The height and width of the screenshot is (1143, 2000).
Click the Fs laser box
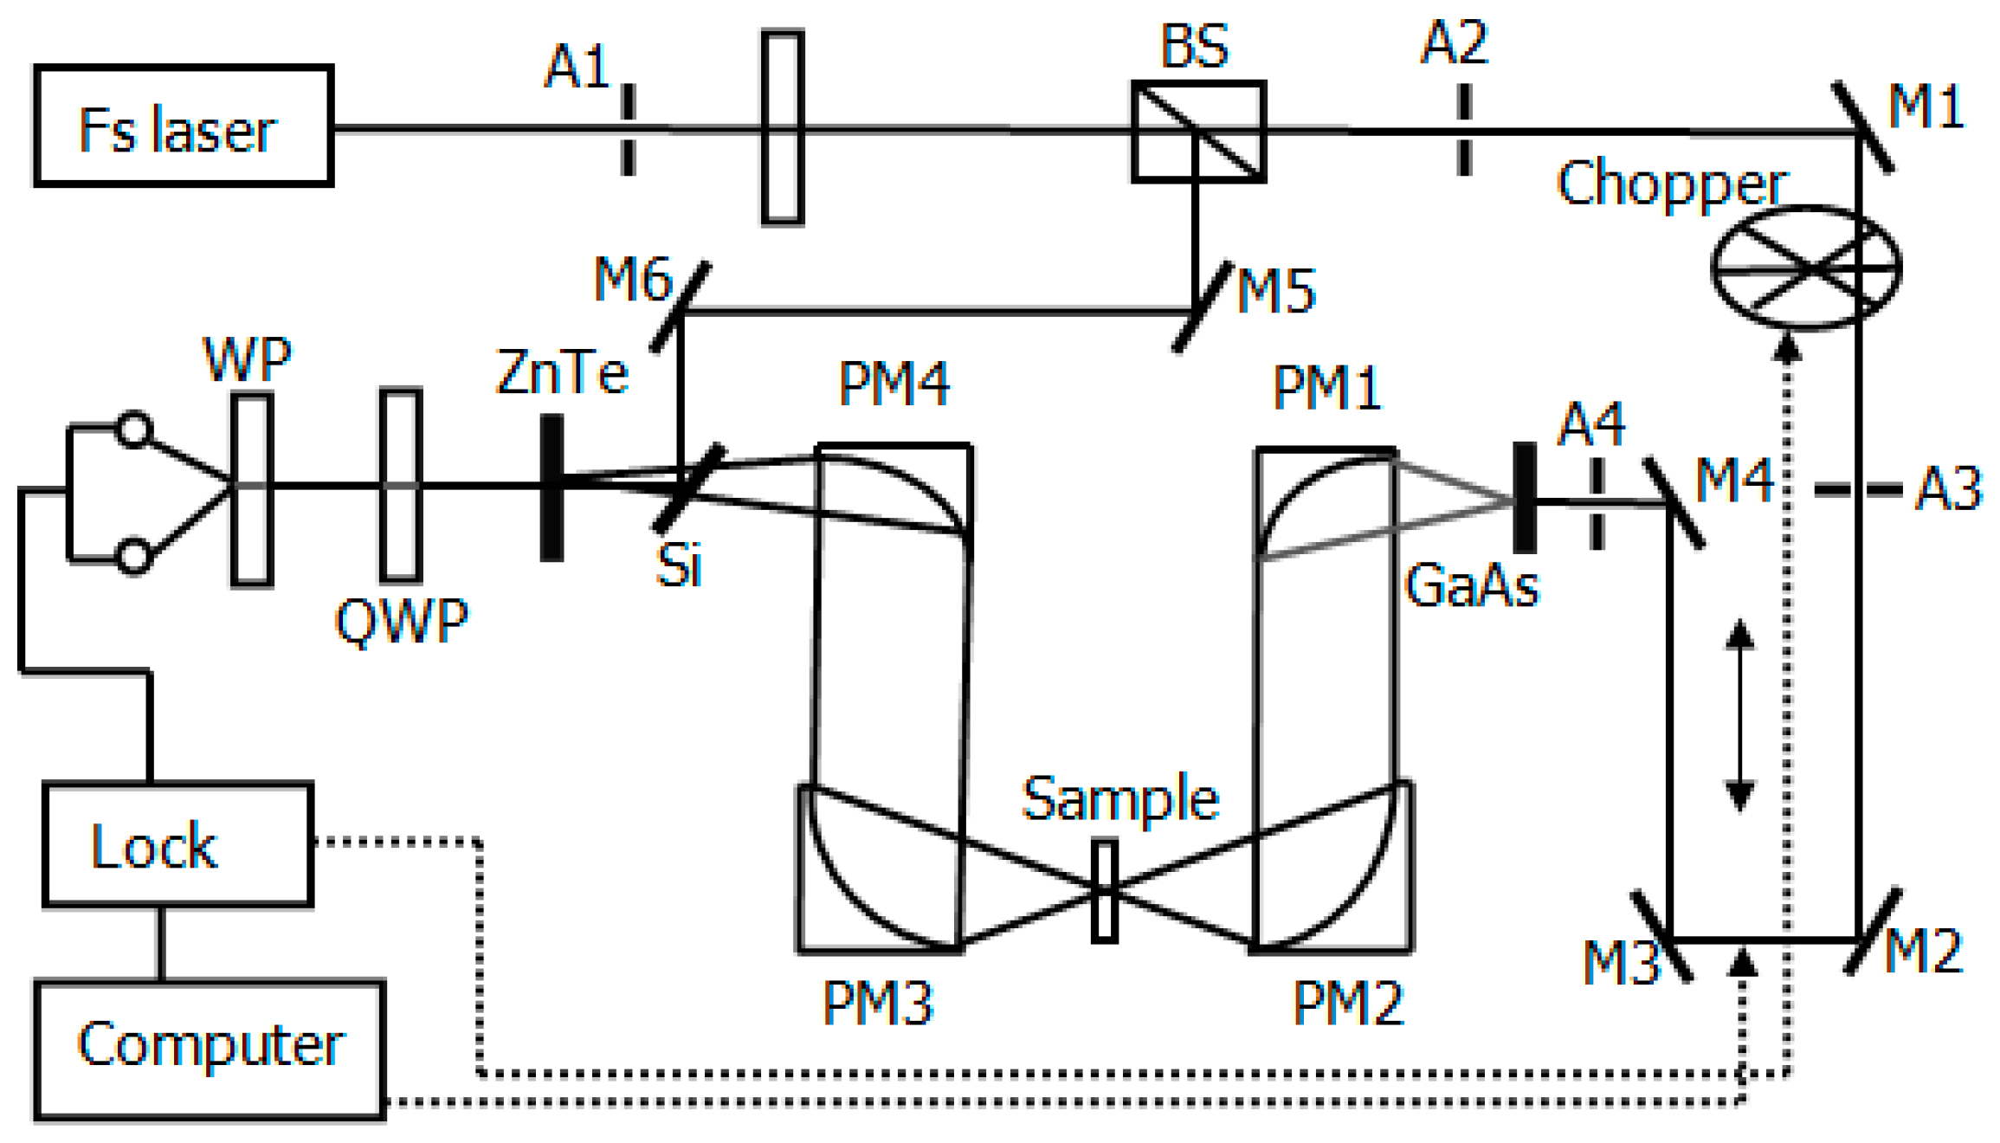point(184,126)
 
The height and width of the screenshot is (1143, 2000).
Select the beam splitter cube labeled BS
point(1198,132)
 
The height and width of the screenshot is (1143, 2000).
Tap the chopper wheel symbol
point(1806,267)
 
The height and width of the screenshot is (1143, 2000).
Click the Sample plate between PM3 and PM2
point(1104,889)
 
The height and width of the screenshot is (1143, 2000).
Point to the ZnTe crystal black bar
point(552,488)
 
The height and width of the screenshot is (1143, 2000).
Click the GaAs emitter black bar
point(1525,498)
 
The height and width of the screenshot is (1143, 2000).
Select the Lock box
point(177,844)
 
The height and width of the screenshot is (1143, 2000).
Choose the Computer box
point(210,1049)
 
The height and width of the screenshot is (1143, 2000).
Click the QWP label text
point(401,620)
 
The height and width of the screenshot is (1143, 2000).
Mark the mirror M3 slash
point(1661,937)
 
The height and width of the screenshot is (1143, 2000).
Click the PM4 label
point(894,384)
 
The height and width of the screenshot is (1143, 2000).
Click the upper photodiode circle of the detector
point(134,429)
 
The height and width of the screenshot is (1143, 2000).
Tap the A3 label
point(1948,488)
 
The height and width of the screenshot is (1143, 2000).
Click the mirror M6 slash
point(681,307)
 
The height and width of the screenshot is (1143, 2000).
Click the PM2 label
point(1347,1004)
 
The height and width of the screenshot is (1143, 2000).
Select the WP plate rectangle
point(252,490)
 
